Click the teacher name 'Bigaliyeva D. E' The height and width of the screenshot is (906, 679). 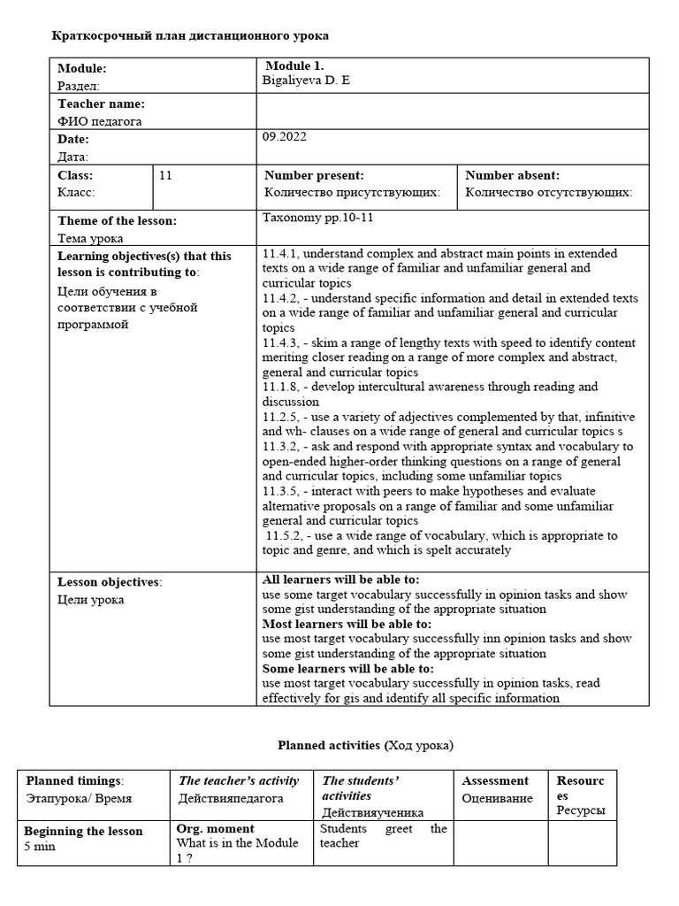pos(307,81)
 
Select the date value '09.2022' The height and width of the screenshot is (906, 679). pos(285,137)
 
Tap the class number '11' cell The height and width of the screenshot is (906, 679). pos(165,176)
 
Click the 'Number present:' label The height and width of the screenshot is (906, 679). pos(314,176)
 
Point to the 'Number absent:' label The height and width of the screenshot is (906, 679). pos(512,176)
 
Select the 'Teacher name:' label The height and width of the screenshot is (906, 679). pos(101,104)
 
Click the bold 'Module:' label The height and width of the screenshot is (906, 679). pos(82,68)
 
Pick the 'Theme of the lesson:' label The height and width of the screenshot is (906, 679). pos(117,221)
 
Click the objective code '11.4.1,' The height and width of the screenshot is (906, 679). pos(281,254)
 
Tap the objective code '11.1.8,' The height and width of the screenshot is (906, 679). pos(281,387)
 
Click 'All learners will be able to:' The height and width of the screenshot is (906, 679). pos(340,580)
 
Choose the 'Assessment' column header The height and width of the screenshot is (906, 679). pos(495,780)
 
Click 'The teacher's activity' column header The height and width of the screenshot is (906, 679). pos(239,780)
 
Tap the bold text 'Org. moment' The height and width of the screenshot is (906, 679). pos(215,829)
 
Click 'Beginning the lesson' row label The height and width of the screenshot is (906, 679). pos(82,831)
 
